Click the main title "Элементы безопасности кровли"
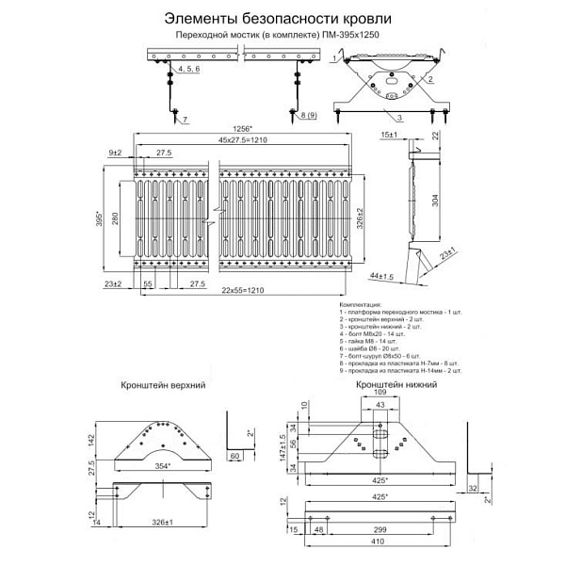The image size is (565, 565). click(x=273, y=18)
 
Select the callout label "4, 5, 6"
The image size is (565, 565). click(x=188, y=71)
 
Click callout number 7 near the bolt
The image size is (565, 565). click(x=186, y=120)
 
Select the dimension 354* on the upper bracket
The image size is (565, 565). click(x=165, y=465)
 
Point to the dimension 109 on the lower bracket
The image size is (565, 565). click(x=380, y=393)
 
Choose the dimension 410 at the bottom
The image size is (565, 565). click(x=379, y=543)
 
